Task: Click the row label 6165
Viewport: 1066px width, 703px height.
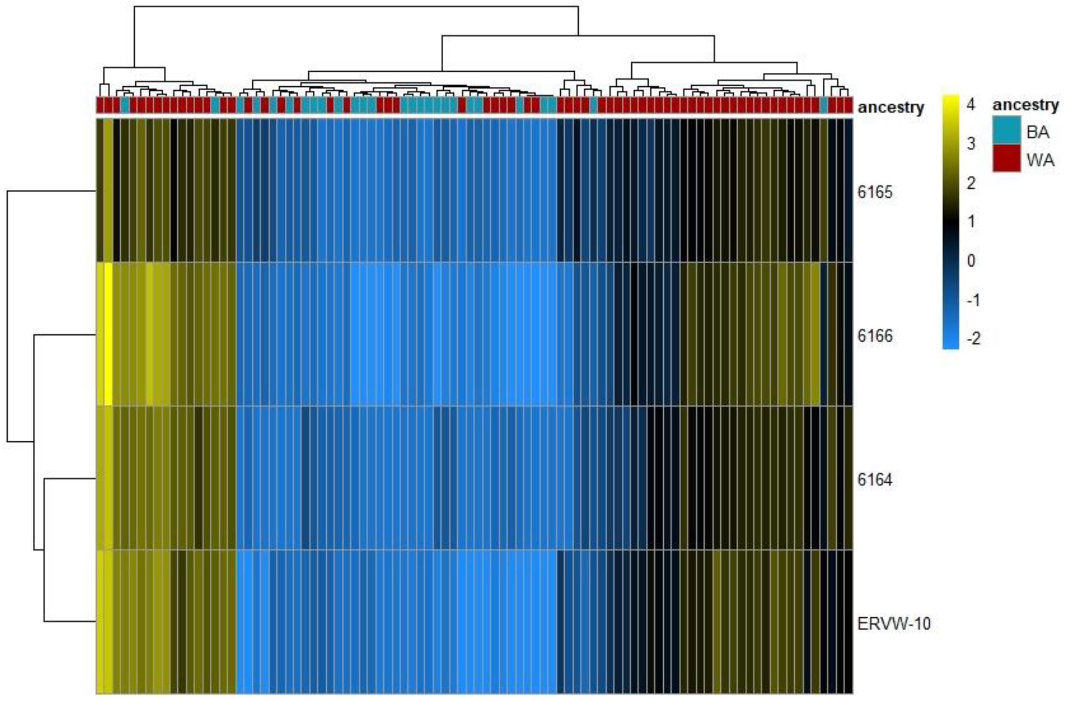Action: (x=875, y=192)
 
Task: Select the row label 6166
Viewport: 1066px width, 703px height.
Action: (x=875, y=336)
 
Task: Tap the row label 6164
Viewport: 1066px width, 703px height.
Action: (x=875, y=479)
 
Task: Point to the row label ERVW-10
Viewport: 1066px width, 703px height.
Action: (x=893, y=624)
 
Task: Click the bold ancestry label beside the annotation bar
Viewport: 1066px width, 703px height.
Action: (x=890, y=107)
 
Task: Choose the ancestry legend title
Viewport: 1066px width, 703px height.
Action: (x=1026, y=104)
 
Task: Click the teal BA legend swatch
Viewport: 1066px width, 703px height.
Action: (x=1007, y=131)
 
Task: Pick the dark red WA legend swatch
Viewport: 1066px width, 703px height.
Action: (x=1007, y=159)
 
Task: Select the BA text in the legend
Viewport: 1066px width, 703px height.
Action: (x=1037, y=132)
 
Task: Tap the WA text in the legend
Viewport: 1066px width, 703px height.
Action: (x=1040, y=160)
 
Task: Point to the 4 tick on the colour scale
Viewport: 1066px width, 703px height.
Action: (x=971, y=104)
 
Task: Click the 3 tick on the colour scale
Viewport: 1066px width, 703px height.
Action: (x=971, y=144)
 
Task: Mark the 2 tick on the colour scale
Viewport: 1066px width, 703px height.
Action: (x=971, y=183)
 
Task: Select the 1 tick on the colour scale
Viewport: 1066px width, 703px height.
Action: (x=971, y=221)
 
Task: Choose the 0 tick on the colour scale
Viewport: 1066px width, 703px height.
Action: (x=971, y=261)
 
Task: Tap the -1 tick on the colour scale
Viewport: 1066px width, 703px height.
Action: (x=973, y=300)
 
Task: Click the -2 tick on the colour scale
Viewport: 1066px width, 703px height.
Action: (x=973, y=339)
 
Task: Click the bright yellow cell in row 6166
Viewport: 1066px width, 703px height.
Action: (x=108, y=335)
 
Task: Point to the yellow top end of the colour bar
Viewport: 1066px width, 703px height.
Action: (x=951, y=100)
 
